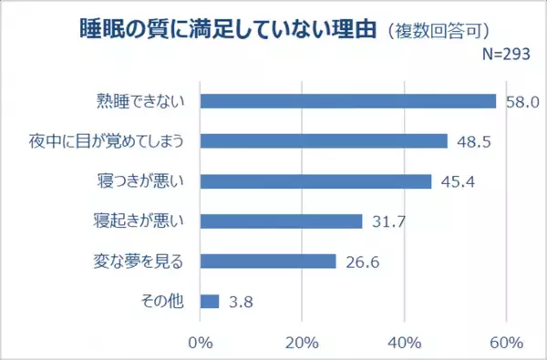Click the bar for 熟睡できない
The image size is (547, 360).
[347, 101]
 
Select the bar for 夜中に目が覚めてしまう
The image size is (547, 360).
[323, 141]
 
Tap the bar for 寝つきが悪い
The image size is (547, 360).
[315, 181]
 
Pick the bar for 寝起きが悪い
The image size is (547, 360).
[281, 221]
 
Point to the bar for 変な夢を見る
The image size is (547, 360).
[267, 262]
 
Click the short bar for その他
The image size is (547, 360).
[209, 301]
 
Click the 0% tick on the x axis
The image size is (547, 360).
[200, 344]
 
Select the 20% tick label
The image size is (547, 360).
[302, 344]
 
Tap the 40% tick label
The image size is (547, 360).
[404, 344]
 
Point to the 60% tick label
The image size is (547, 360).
[506, 344]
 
